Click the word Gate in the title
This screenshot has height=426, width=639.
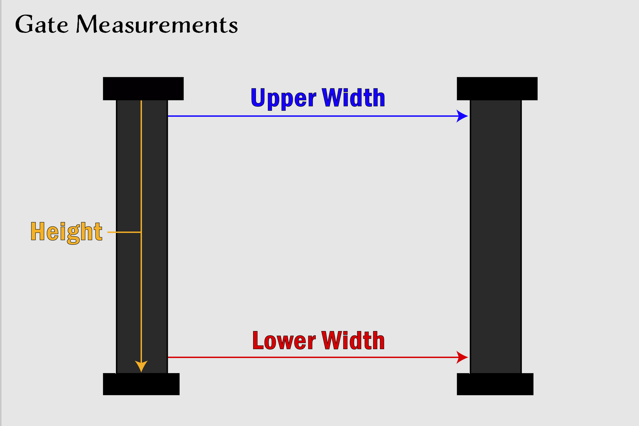tap(42, 25)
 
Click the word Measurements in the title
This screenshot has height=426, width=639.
tap(157, 25)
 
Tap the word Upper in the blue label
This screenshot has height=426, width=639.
tap(283, 98)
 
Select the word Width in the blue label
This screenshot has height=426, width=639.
tap(353, 98)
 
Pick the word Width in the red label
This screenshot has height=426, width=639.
tap(353, 341)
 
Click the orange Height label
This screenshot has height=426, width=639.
tap(66, 232)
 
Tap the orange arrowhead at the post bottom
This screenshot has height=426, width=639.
tap(141, 366)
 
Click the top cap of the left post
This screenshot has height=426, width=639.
tap(143, 89)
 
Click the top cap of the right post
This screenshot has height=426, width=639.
tap(497, 89)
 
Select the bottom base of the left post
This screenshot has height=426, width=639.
tap(141, 384)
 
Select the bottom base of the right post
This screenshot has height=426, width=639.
tap(495, 384)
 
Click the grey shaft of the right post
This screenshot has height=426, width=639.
tap(496, 236)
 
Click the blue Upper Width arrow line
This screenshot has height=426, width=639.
tap(312, 116)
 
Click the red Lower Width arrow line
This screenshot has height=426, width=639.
tap(312, 357)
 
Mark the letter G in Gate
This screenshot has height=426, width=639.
tap(24, 25)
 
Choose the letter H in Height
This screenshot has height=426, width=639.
tap(37, 232)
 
